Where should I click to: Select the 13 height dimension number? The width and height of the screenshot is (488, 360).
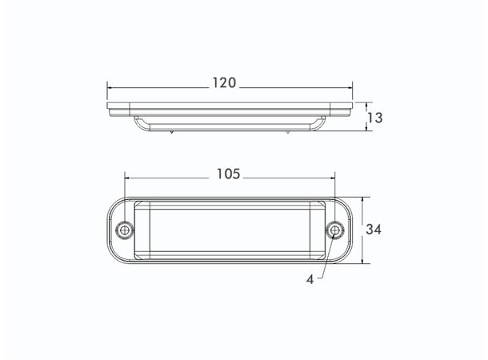[x=374, y=118]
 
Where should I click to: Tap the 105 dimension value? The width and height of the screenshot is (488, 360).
[x=229, y=174]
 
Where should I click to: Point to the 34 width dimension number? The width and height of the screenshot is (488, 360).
[x=374, y=230]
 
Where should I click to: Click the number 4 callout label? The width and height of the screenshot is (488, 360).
[x=309, y=280]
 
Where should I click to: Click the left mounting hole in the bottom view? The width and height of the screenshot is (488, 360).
[x=124, y=230]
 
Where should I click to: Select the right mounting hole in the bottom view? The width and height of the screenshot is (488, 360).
[x=334, y=230]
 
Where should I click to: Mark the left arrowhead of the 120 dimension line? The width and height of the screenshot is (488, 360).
[x=110, y=87]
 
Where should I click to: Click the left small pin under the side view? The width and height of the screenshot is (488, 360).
[x=173, y=133]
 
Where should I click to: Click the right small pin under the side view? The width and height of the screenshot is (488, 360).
[x=286, y=133]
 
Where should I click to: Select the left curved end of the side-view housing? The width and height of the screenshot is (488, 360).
[x=138, y=124]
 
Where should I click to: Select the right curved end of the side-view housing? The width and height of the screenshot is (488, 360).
[x=321, y=124]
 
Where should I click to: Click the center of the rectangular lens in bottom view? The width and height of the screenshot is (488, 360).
[x=229, y=230]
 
